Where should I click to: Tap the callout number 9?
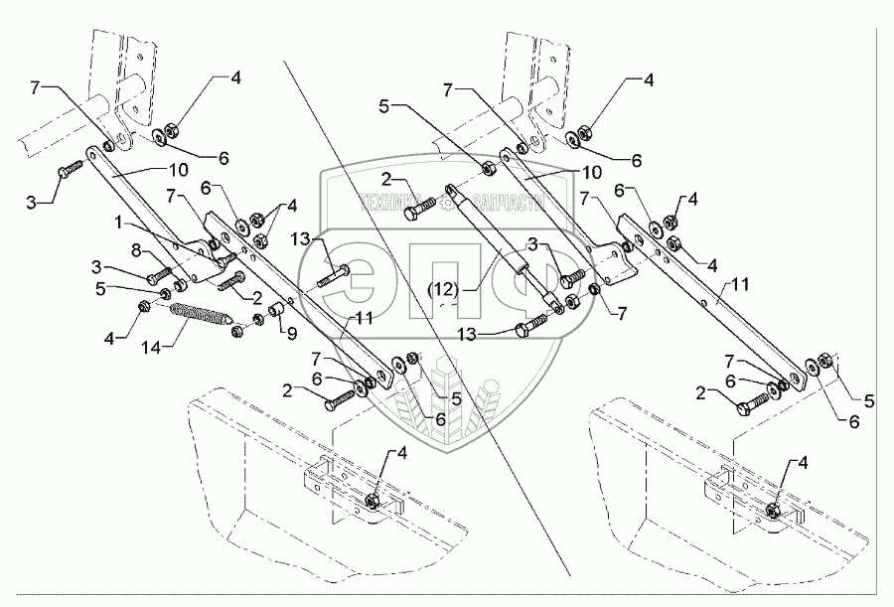291,335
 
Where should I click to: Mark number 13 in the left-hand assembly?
301,237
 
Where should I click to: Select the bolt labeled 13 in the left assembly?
333,275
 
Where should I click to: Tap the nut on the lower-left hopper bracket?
370,501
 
